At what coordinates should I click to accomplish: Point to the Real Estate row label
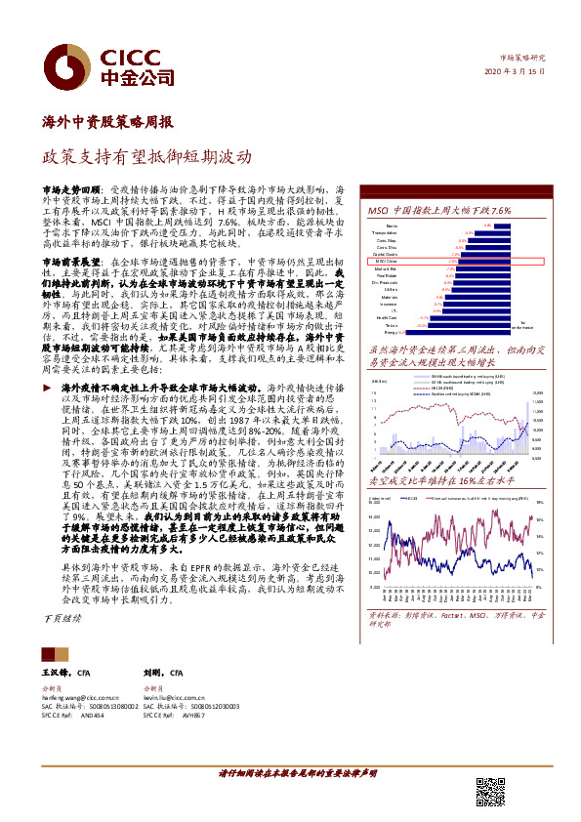[x=387, y=275]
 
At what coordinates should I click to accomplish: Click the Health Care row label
[x=386, y=318]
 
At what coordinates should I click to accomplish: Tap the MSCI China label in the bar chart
[x=386, y=262]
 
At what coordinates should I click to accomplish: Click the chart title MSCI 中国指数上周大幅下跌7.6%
[x=438, y=211]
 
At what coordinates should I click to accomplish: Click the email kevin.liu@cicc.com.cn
[x=173, y=698]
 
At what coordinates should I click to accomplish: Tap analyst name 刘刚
[x=154, y=674]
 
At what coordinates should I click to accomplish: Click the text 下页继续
[x=64, y=619]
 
